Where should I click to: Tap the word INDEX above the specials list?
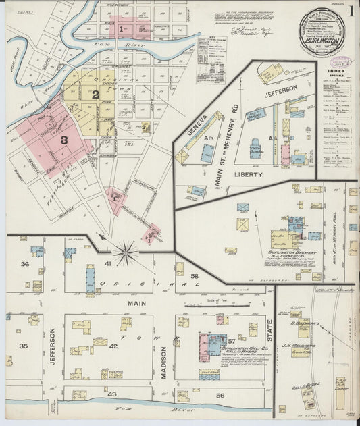(x=334, y=70)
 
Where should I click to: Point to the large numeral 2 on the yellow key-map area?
(x=95, y=95)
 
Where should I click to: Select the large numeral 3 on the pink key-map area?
(x=64, y=140)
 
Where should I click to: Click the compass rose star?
(x=125, y=255)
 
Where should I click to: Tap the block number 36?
(x=25, y=264)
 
